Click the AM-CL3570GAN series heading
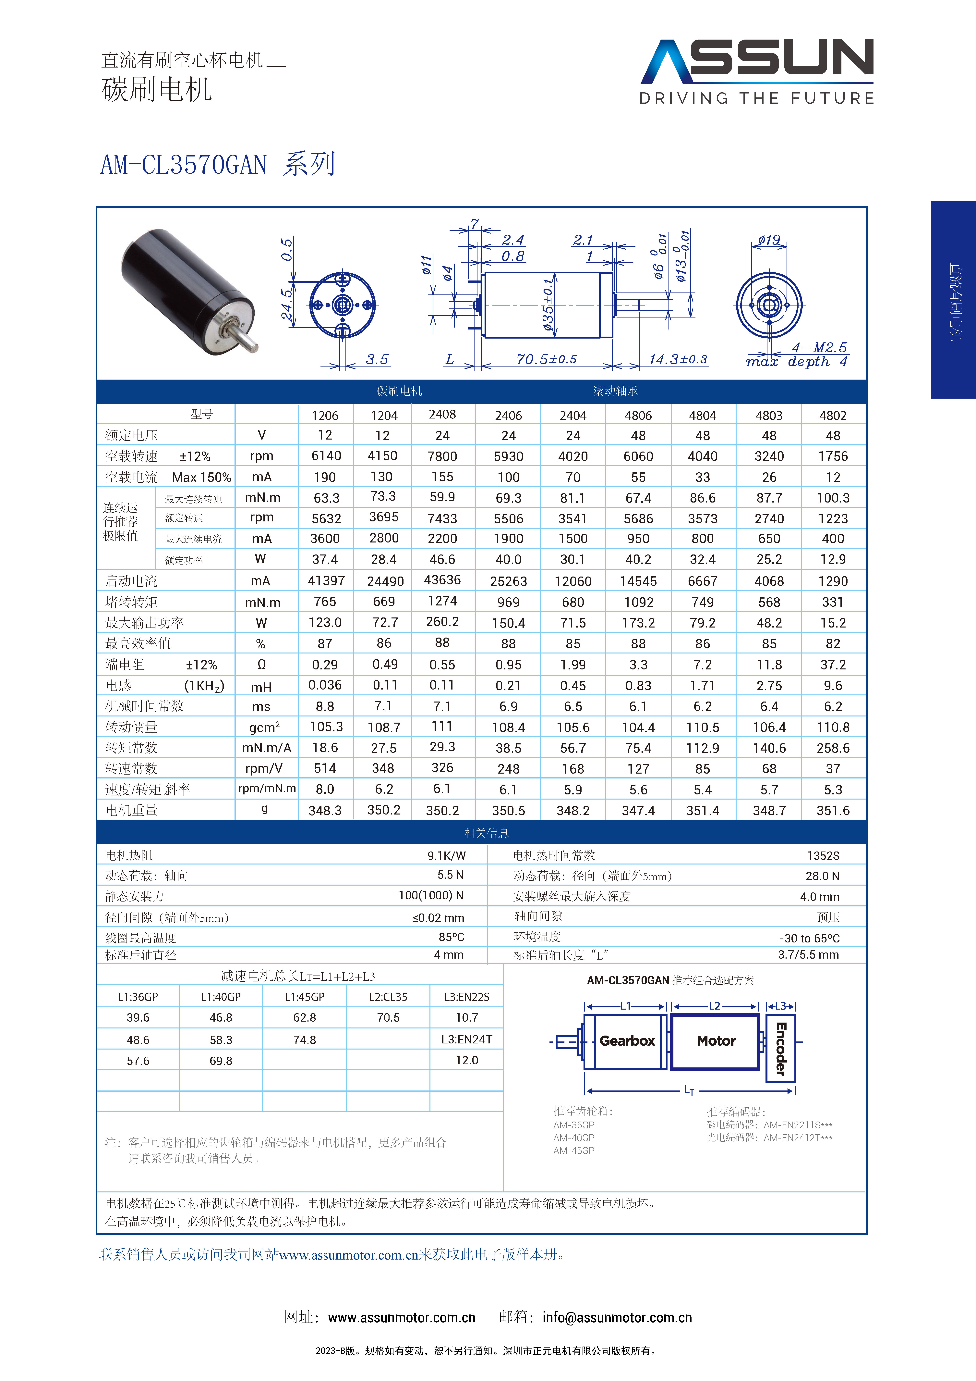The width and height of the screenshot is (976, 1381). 218,164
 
